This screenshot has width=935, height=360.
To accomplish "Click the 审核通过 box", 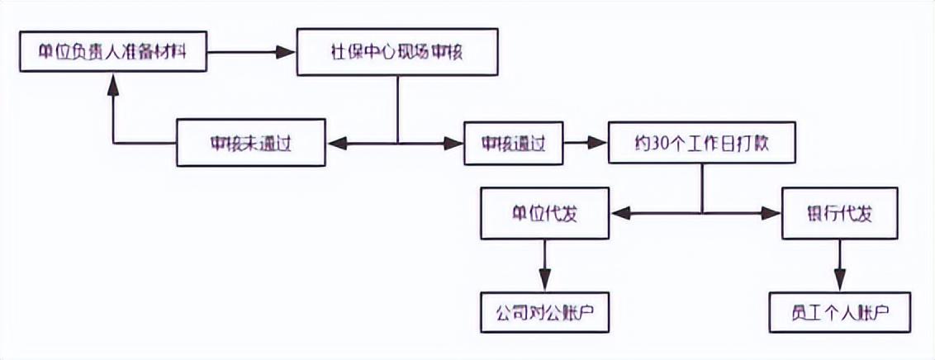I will (513, 144).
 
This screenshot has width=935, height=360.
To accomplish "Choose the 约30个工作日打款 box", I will (701, 144).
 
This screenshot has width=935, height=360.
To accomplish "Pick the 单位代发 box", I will (545, 214).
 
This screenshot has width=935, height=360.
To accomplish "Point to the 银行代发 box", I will (839, 214).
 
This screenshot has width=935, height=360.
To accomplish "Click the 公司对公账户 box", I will (545, 313).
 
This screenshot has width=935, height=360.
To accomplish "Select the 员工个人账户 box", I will (839, 313).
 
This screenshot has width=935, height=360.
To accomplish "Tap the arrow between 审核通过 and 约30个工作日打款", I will (584, 143).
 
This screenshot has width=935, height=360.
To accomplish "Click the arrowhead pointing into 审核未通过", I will (337, 144).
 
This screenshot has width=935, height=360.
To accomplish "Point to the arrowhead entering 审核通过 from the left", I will (454, 144).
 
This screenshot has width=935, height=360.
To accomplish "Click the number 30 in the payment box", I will (656, 144).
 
